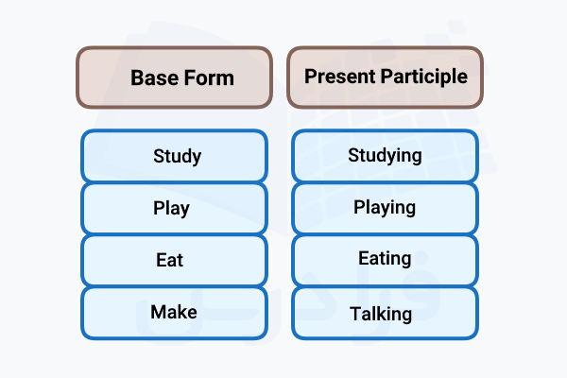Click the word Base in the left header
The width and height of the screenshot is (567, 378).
[151, 77]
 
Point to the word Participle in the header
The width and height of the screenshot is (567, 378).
[423, 76]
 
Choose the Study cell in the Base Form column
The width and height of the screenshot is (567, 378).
[175, 156]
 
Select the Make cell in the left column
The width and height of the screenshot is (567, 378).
[175, 312]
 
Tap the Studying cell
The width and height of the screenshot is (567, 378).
[385, 156]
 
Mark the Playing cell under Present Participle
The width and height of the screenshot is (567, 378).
[385, 208]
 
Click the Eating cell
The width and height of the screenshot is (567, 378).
[385, 260]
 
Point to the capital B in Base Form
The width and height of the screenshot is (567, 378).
[136, 77]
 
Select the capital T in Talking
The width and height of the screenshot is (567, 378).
[354, 313]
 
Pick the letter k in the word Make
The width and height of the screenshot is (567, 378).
[181, 311]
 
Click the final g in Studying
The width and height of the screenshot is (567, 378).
[416, 157]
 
